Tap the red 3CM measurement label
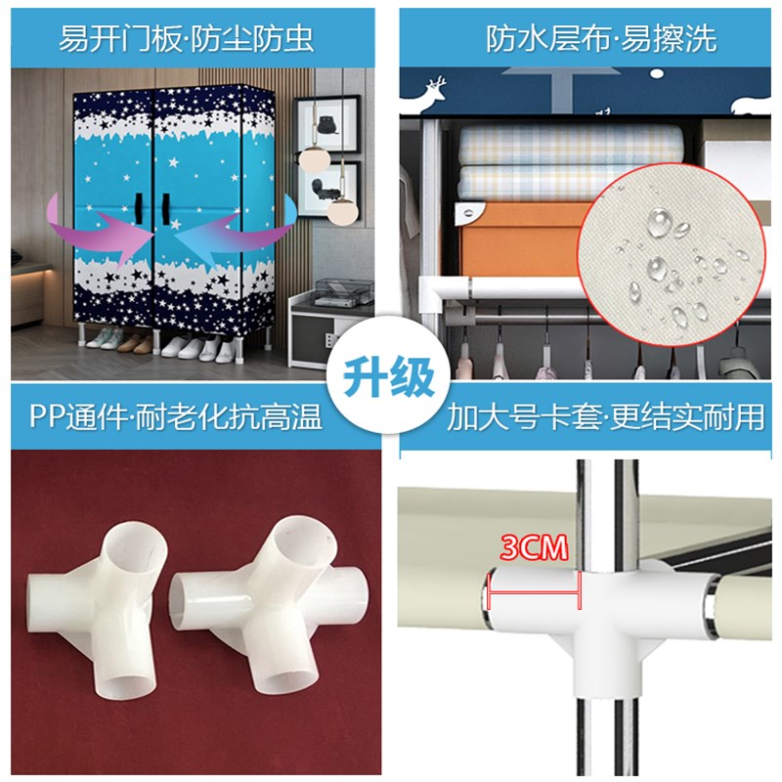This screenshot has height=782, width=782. point(534,547)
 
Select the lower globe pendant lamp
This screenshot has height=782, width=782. point(342,208)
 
